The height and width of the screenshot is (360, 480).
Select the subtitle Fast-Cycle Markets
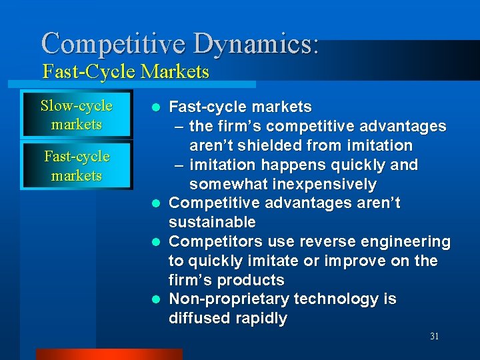(125, 71)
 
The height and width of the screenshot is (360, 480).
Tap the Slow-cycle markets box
(76, 115)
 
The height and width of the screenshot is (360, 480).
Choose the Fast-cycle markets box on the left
(76, 166)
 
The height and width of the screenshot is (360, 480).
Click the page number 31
(434, 337)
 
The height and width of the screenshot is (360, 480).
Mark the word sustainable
(212, 223)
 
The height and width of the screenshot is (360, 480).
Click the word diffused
(196, 319)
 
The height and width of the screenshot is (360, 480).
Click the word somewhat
(222, 184)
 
